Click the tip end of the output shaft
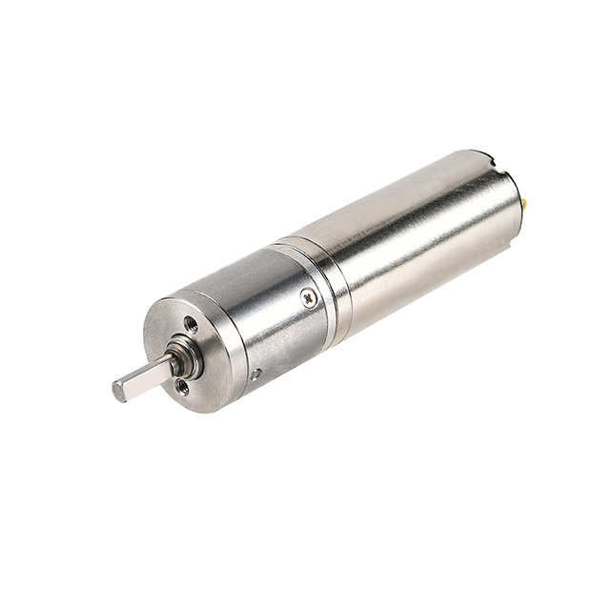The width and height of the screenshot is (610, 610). [118, 390]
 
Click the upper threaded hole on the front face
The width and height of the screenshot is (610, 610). [192, 324]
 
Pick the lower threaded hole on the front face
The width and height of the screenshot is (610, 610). [181, 386]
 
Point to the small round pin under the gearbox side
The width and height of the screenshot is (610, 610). [255, 375]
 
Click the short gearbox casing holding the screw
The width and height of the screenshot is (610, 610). [276, 315]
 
